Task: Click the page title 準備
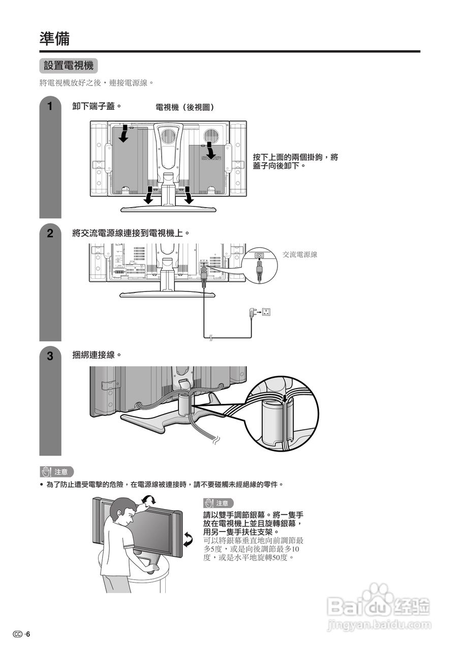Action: [54, 38]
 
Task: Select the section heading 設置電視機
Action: [68, 66]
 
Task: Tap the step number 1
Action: [50, 107]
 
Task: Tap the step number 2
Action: [50, 234]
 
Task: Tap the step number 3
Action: [50, 357]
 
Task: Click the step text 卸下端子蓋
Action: [97, 106]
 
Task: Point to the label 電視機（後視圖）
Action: [185, 107]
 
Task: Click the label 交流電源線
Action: [300, 254]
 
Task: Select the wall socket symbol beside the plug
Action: [266, 312]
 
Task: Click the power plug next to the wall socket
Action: [253, 312]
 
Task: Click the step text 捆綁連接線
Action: [97, 354]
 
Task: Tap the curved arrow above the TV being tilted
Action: [148, 500]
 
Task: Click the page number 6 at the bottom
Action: [28, 634]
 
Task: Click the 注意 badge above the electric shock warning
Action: [57, 472]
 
